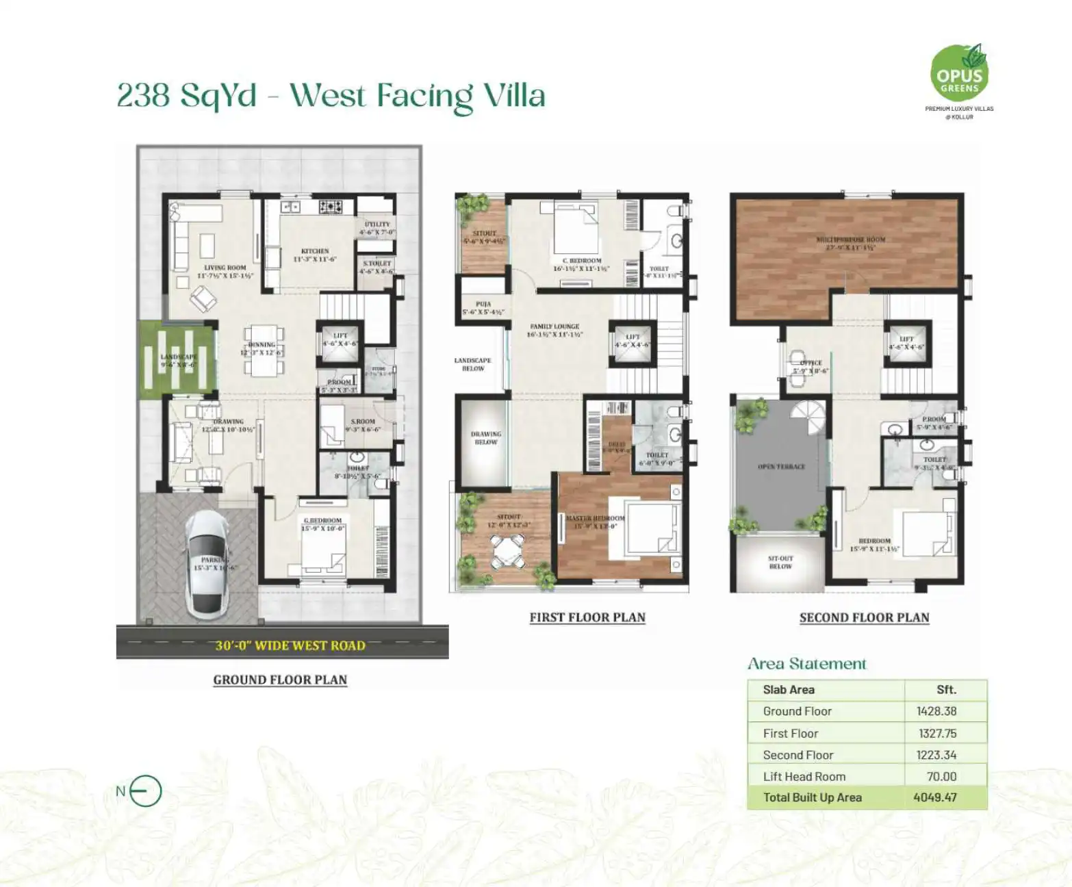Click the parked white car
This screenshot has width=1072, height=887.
point(207,565)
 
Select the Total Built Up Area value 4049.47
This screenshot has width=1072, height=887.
point(934,797)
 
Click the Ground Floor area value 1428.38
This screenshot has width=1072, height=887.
point(936,711)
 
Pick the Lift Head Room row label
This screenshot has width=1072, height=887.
point(804,776)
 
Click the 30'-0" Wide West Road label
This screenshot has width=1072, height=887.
point(290,645)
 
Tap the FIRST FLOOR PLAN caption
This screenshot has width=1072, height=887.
point(587,617)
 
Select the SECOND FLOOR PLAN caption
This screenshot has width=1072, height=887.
point(864,617)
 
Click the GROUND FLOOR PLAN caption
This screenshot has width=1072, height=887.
point(280,680)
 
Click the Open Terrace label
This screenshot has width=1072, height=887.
point(781,467)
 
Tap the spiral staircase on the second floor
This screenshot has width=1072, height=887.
point(810,417)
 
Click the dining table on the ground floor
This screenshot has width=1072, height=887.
point(263,352)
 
